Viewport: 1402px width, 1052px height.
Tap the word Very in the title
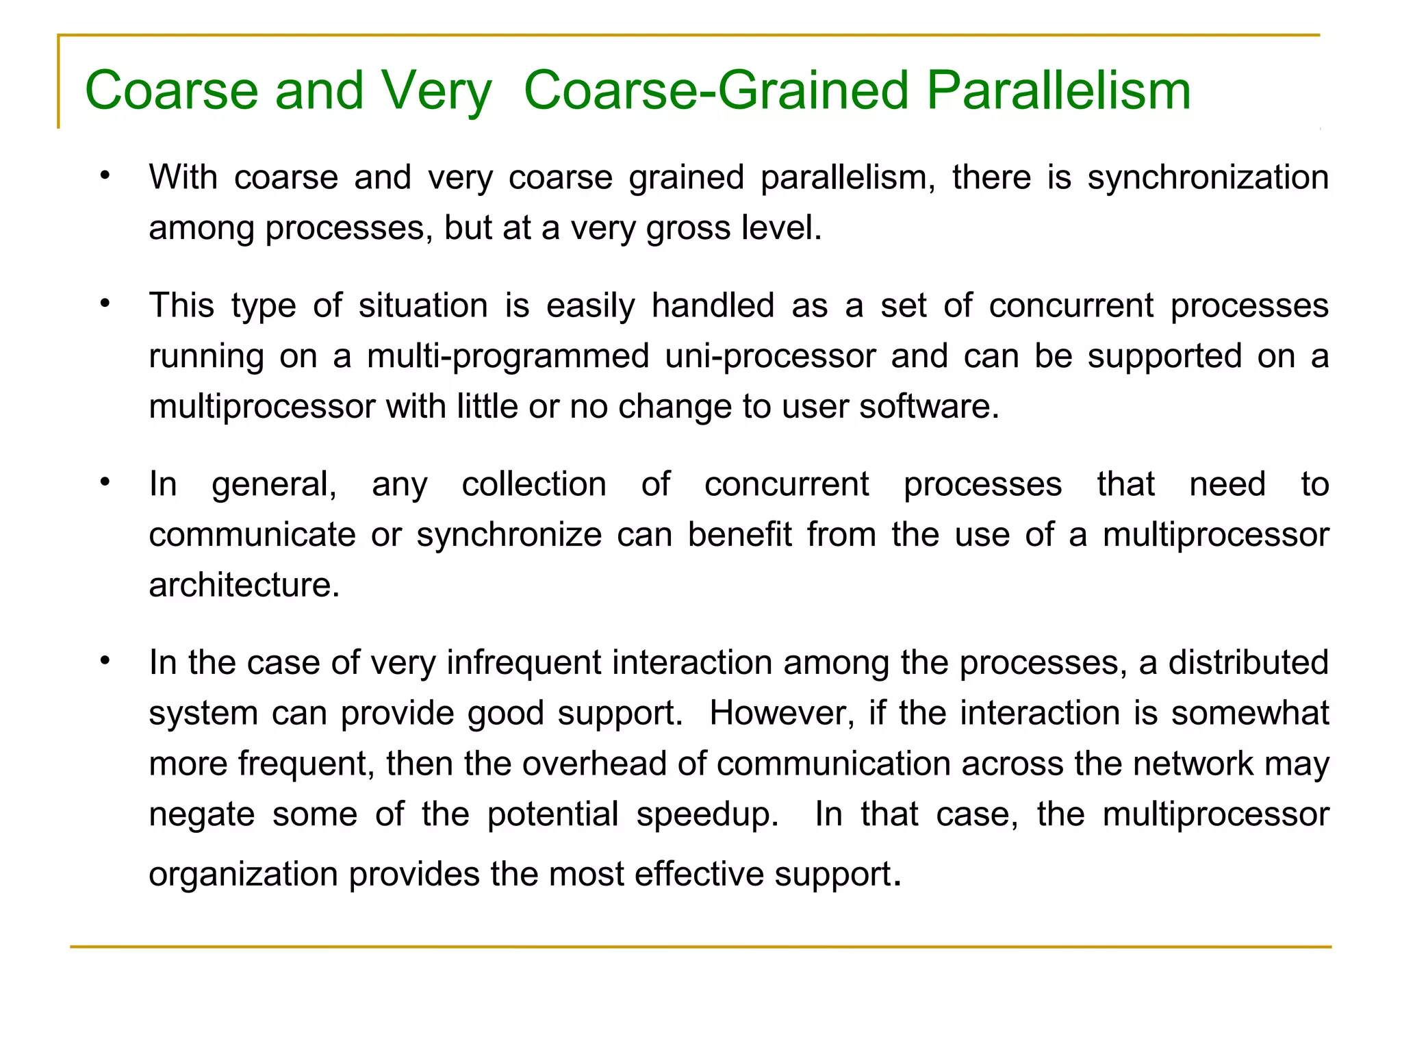coord(436,90)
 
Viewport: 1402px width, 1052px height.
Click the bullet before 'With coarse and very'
coord(105,176)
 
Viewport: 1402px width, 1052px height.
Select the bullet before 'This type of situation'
coord(105,303)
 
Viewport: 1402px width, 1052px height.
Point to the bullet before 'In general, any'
coord(105,483)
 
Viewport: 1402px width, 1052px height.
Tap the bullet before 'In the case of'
coord(105,661)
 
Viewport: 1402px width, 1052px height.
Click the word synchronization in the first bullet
coord(1208,177)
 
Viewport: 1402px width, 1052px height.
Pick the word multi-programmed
coord(507,356)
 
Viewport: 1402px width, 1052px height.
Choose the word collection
coord(534,484)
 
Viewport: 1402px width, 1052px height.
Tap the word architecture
coord(244,586)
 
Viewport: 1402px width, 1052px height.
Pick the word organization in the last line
coord(244,875)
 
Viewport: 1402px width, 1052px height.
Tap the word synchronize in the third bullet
coord(509,535)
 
